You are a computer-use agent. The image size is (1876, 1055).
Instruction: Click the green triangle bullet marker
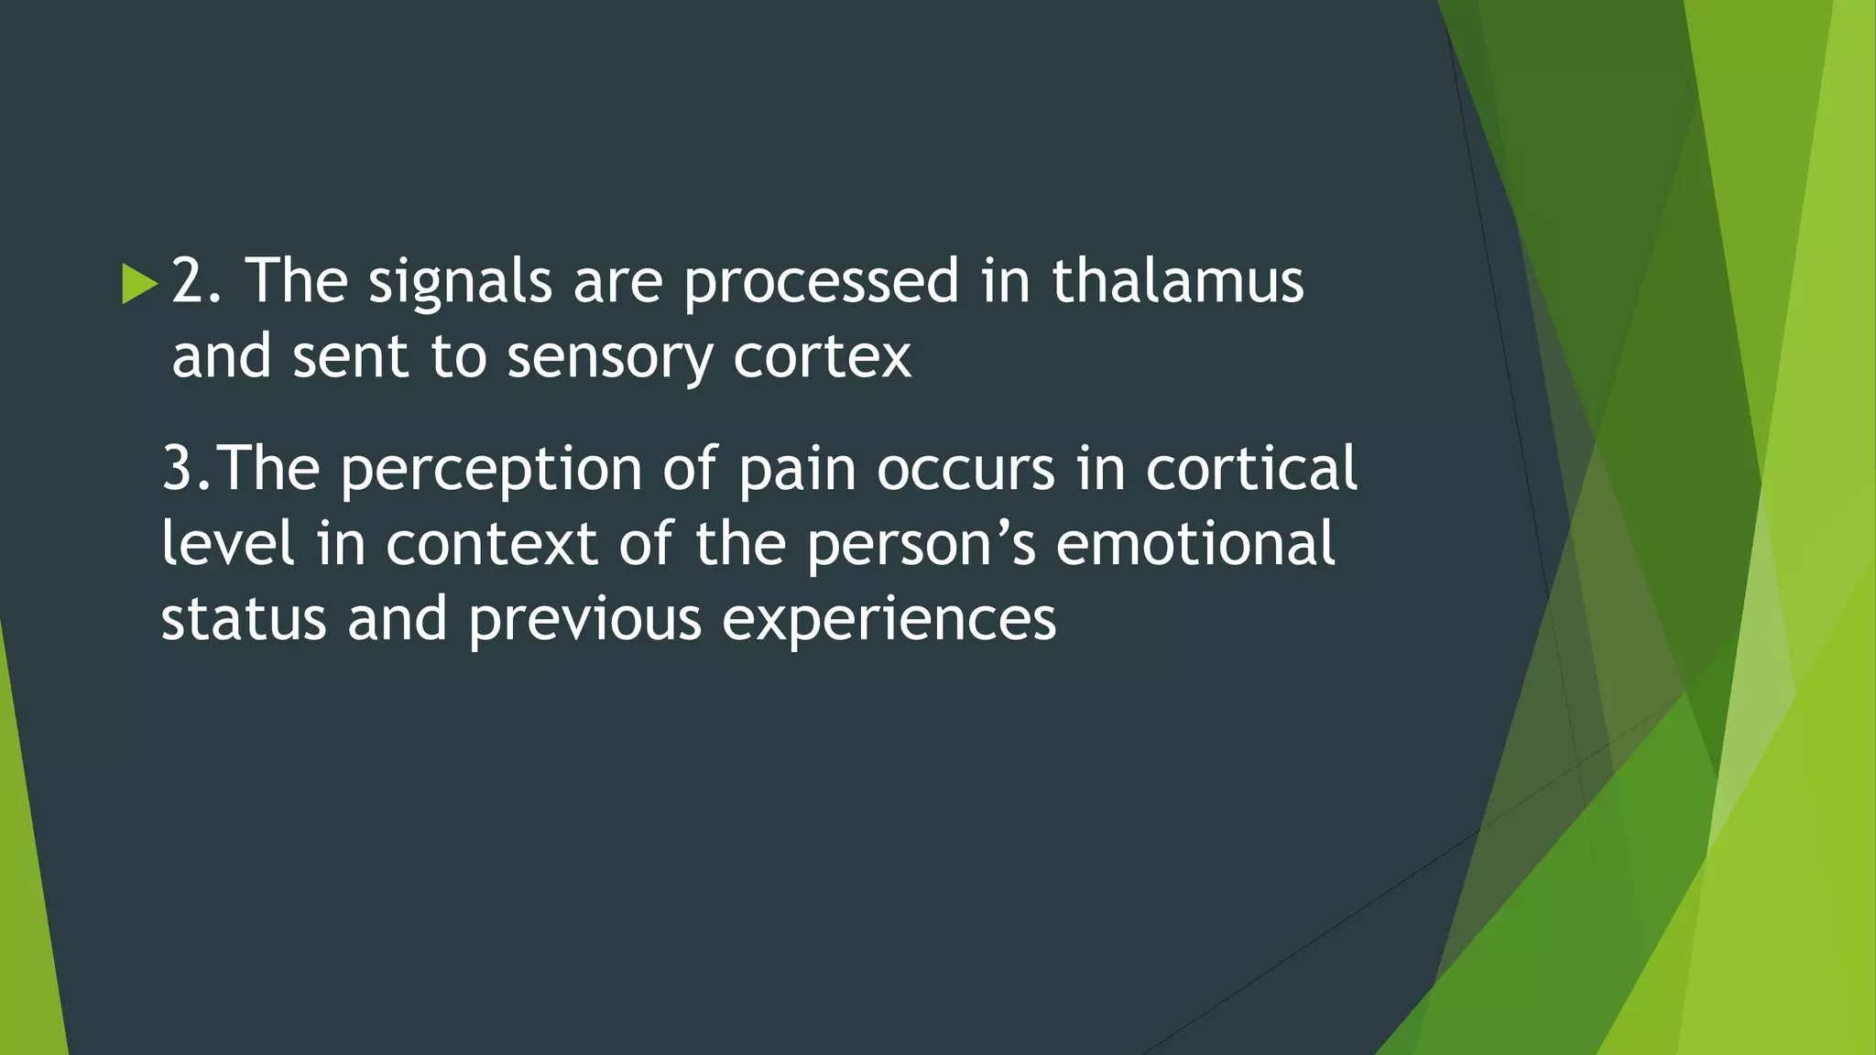[139, 284]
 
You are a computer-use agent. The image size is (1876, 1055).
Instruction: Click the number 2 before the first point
[189, 280]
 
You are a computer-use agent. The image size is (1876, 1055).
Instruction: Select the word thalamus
[1177, 280]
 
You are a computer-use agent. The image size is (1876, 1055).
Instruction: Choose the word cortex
[822, 357]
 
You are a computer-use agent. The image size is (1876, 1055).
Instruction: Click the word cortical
[1251, 469]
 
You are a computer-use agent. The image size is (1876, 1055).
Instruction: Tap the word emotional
[1195, 544]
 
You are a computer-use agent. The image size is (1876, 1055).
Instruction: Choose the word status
[244, 619]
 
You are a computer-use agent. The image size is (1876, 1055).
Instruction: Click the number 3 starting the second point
[177, 469]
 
